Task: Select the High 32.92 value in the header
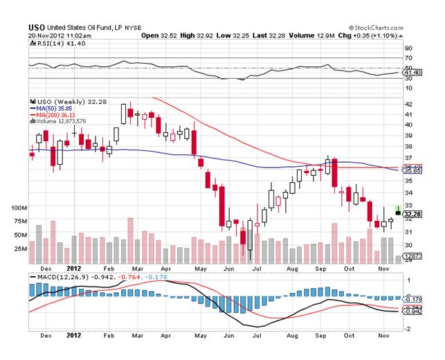click(197, 33)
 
